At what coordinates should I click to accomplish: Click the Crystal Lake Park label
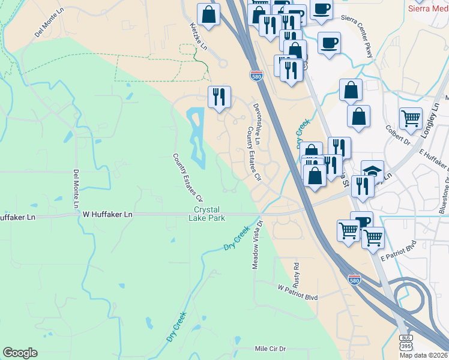209,214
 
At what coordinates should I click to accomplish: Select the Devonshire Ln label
256,124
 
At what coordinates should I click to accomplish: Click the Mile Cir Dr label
271,349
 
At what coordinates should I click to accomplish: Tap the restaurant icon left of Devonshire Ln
218,96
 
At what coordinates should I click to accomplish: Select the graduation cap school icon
372,171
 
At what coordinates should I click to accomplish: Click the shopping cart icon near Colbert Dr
411,118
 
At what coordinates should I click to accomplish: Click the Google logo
20,353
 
